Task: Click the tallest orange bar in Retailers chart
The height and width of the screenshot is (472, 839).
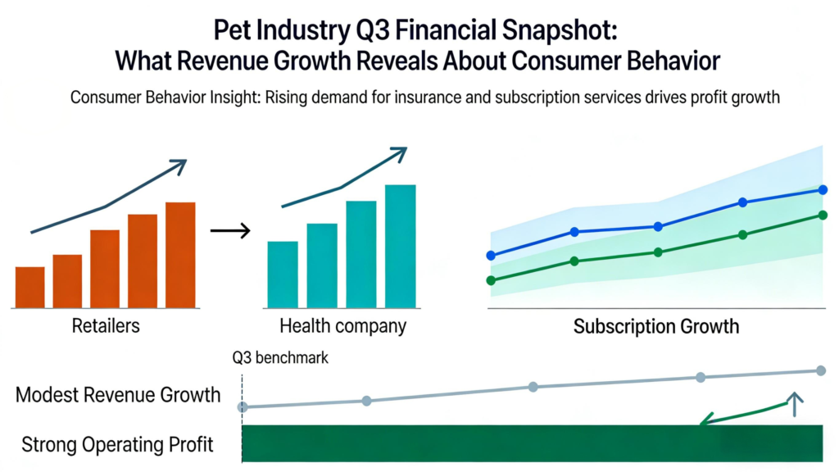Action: pos(180,255)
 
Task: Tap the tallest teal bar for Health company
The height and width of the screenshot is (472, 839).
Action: pos(401,246)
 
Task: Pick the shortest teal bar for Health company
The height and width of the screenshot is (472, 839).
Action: pos(283,275)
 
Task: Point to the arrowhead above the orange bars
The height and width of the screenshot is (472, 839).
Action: pos(179,165)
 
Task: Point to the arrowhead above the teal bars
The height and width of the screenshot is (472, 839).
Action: pos(399,152)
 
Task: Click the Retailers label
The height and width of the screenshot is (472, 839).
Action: pos(106,326)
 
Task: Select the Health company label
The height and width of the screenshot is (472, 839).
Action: pos(342,326)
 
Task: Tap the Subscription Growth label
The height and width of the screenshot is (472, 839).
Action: pos(655,327)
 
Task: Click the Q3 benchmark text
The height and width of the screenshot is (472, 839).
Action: pos(281,358)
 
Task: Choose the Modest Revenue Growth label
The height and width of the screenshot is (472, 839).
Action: pos(118,395)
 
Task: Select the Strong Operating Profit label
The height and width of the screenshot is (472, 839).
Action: pos(117,445)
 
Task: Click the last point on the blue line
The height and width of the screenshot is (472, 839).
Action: pos(823,190)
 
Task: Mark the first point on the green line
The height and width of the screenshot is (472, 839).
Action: pos(491,280)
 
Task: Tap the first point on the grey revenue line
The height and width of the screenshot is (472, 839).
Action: pos(243,407)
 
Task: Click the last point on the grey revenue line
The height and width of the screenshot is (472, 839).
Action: pos(820,370)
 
